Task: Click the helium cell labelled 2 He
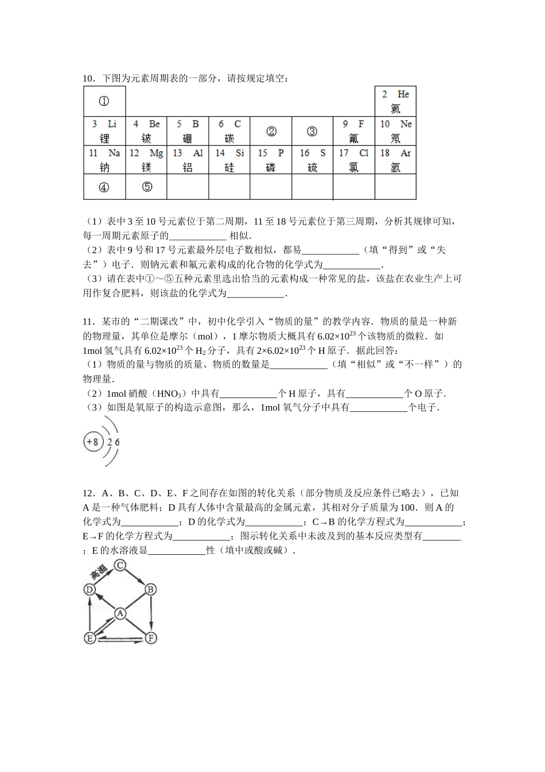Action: (x=395, y=102)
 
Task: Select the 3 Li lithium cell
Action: (x=104, y=131)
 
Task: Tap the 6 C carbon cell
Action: (x=229, y=131)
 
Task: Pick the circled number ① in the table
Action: (x=104, y=101)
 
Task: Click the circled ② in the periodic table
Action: (x=271, y=132)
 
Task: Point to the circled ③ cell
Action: (x=312, y=132)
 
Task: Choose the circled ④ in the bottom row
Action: (x=104, y=187)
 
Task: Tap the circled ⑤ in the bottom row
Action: (x=147, y=187)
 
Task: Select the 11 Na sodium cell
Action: (x=104, y=160)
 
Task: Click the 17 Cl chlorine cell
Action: (x=354, y=160)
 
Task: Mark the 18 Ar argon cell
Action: (x=395, y=160)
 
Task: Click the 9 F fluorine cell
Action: (x=354, y=131)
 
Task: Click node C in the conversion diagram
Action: (x=120, y=566)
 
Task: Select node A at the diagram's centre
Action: (x=120, y=613)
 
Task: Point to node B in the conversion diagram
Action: (x=151, y=589)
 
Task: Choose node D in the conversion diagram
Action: (x=89, y=589)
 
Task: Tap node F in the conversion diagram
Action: (x=151, y=638)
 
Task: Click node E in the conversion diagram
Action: (x=89, y=638)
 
